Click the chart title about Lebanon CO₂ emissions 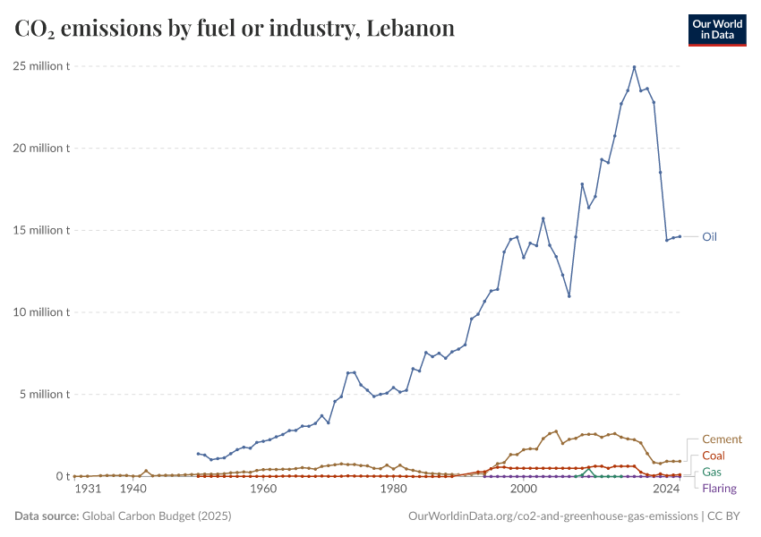pos(235,29)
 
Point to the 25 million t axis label pos(41,66)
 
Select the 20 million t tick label pos(41,149)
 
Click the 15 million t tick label pos(41,230)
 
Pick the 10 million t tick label pos(41,312)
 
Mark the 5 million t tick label pos(44,395)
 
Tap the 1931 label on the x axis pos(87,490)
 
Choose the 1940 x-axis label pos(133,490)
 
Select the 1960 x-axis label pos(262,490)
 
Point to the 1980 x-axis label pos(393,490)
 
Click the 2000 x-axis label pos(523,490)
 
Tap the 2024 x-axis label pos(665,490)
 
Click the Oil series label pos(709,237)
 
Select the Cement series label pos(722,439)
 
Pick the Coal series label pos(714,456)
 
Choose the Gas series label pos(712,472)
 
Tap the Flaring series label pos(720,488)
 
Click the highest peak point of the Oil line pos(634,67)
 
